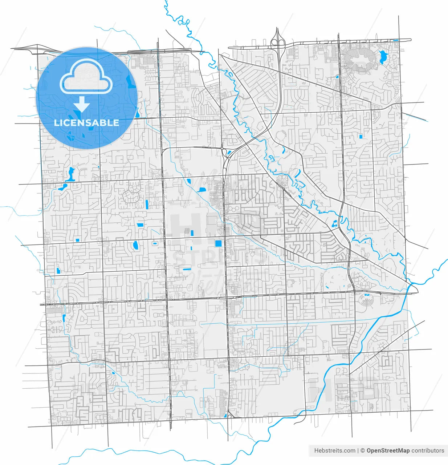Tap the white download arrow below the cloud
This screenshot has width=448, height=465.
pyautogui.click(x=82, y=105)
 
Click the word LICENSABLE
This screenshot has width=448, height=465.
pyautogui.click(x=86, y=123)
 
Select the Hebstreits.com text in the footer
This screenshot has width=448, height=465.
pyautogui.click(x=335, y=450)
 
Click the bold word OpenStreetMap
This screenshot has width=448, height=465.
pyautogui.click(x=388, y=450)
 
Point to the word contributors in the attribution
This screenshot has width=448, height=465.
pyautogui.click(x=428, y=450)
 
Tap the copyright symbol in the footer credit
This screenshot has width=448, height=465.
pyautogui.click(x=362, y=450)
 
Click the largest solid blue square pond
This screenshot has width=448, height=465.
pyautogui.click(x=219, y=243)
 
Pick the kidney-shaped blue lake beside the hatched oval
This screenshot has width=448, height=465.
pyautogui.click(x=382, y=57)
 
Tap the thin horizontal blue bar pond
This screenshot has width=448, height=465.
pyautogui.click(x=187, y=269)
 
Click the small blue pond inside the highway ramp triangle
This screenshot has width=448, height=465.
pyautogui.click(x=225, y=416)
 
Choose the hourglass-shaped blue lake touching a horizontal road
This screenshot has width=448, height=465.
pyautogui.click(x=70, y=174)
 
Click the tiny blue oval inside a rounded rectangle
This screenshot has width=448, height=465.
pyautogui.click(x=155, y=243)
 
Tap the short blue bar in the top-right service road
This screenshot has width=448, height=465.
pyautogui.click(x=396, y=40)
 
